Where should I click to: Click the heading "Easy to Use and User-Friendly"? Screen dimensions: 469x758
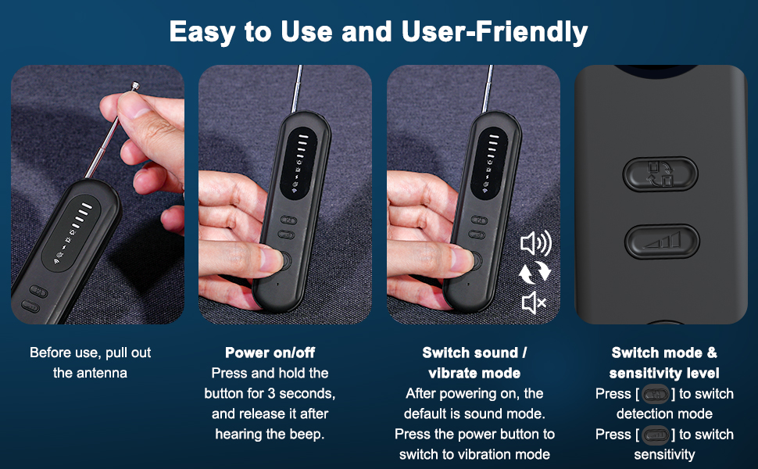pyautogui.click(x=378, y=32)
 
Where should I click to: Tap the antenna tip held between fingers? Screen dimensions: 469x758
pyautogui.click(x=136, y=88)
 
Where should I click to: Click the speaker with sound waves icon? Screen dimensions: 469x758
pyautogui.click(x=535, y=245)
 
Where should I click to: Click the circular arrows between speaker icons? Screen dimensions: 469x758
pyautogui.click(x=535, y=273)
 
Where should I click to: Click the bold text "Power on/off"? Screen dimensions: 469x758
pyautogui.click(x=270, y=353)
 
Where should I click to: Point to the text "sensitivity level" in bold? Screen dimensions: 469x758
pyautogui.click(x=664, y=373)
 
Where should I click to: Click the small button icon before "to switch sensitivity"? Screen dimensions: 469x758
pyautogui.click(x=655, y=434)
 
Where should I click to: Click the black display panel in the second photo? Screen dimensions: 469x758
pyautogui.click(x=301, y=160)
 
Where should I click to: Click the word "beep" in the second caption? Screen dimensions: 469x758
pyautogui.click(x=308, y=434)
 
